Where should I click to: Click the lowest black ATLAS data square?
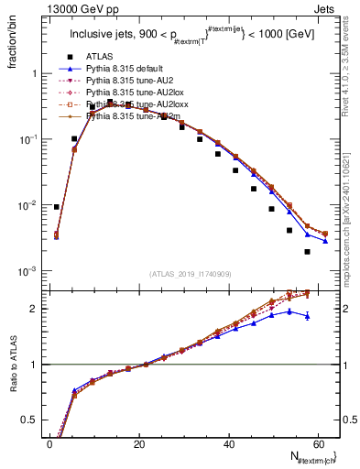click(308, 252)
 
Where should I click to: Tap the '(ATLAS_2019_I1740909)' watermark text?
click(191, 275)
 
